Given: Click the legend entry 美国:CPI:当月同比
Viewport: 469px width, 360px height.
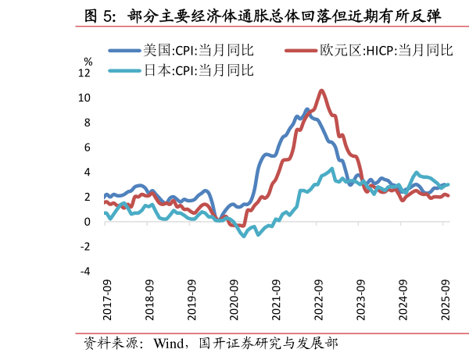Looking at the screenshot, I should [x=198, y=51].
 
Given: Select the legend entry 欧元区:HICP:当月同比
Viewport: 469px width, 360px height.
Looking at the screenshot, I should [x=386, y=51].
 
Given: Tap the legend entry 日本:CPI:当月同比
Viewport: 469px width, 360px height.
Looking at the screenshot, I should [x=198, y=70].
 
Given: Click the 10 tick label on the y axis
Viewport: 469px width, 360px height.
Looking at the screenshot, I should [x=84, y=98].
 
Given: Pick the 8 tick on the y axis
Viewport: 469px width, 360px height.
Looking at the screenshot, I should [x=88, y=123].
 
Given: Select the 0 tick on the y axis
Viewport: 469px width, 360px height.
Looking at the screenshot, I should [x=88, y=222].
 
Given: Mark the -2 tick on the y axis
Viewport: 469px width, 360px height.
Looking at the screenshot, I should [x=86, y=247].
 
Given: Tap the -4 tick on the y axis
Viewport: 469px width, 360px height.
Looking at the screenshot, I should [x=86, y=272].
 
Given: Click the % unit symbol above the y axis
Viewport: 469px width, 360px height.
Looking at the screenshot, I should [x=88, y=60].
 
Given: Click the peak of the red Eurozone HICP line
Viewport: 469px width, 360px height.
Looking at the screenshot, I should [x=321, y=91].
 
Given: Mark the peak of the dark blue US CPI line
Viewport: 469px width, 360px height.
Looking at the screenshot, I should [x=307, y=109].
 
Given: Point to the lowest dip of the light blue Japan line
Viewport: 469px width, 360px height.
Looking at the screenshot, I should [x=244, y=236].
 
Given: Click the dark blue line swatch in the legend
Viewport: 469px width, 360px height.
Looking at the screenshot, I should [x=124, y=51].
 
